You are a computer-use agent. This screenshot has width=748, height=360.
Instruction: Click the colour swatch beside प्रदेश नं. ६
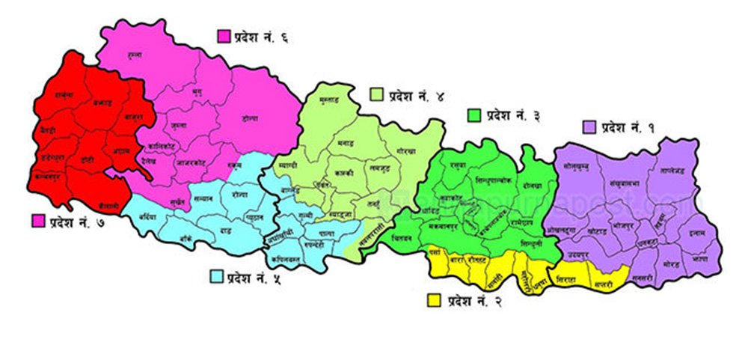tap(223, 36)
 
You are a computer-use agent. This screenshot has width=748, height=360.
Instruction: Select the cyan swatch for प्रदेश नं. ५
tap(217, 278)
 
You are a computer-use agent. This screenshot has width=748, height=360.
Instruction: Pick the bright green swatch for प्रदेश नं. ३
tap(473, 115)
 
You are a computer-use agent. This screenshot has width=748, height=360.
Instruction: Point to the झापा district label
tap(700, 257)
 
